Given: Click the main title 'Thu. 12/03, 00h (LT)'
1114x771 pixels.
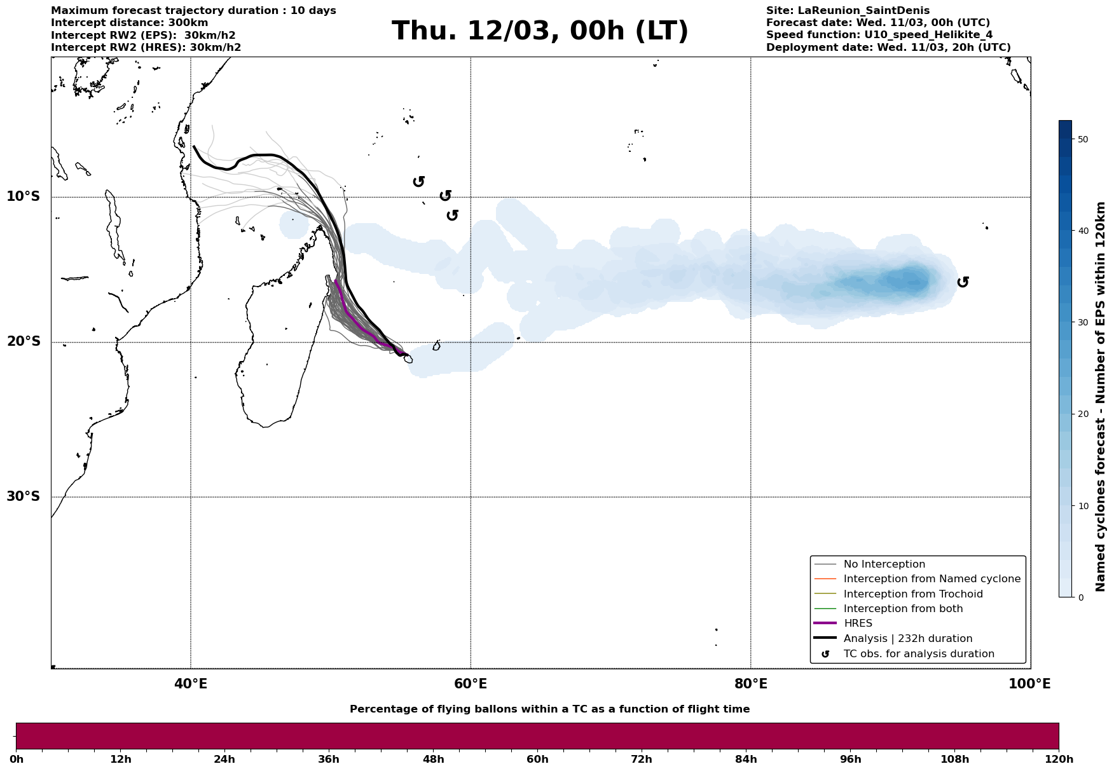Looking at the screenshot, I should [540, 31].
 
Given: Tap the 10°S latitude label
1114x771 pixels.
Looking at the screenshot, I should [24, 196].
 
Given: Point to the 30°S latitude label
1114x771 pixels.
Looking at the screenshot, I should [24, 496].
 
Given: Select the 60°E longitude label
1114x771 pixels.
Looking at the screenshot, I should [471, 685].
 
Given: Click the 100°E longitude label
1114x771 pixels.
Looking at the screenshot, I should [1029, 685].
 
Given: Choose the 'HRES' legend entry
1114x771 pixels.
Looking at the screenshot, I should [858, 624].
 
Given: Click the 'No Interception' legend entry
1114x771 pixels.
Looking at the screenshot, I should [884, 564].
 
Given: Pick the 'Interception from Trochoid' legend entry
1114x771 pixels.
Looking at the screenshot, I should [912, 594].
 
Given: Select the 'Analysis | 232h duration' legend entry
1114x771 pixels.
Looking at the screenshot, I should [907, 639].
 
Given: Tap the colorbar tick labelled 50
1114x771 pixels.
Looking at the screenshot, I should [1083, 139].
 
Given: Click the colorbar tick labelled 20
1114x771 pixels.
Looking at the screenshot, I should [1083, 414].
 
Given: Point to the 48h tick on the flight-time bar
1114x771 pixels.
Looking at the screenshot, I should [433, 760].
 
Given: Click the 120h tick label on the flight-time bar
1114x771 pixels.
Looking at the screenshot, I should [1058, 760].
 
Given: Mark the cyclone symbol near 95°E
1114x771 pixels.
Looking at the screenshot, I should [963, 282].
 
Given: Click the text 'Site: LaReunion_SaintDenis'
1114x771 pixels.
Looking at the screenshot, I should [848, 11].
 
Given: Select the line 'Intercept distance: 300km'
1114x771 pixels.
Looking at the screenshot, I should [129, 23].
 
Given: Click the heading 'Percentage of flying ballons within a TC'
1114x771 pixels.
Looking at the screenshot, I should [549, 709].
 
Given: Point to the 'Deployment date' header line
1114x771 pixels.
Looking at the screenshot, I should [888, 48].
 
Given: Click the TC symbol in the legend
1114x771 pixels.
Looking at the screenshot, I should [825, 653].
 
